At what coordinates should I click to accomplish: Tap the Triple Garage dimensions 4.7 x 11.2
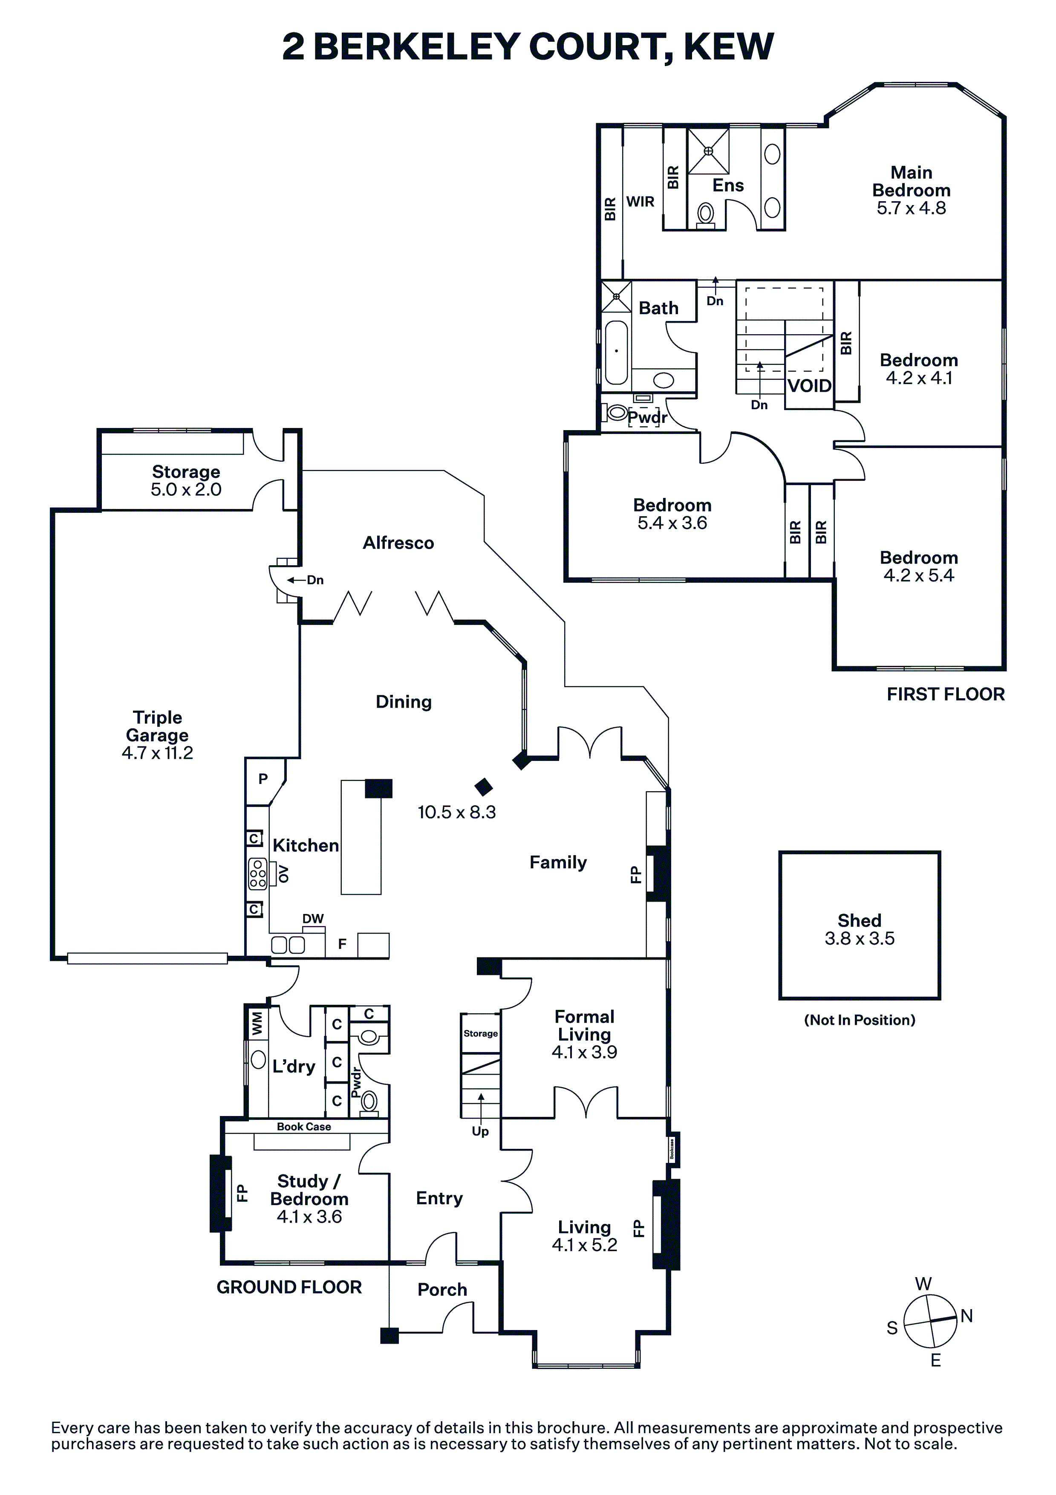tap(158, 753)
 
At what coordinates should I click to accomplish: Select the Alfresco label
tap(398, 543)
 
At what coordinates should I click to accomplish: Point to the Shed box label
tap(860, 921)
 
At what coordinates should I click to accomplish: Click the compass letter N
tap(967, 1316)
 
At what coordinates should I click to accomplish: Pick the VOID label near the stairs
tap(809, 386)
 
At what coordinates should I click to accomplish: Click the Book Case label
tap(304, 1127)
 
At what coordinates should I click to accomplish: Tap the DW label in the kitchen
tap(313, 919)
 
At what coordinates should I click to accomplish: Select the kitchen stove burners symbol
tap(258, 874)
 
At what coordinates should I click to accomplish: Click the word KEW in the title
tap(729, 47)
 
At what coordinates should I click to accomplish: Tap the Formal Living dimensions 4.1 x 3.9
tap(585, 1052)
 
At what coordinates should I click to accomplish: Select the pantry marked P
tap(263, 779)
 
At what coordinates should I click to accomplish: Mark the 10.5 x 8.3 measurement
tap(456, 813)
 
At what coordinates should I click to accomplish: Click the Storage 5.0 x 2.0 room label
tap(186, 480)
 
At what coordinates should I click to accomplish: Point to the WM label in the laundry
tap(257, 1023)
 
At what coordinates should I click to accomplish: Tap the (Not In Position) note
tap(860, 1020)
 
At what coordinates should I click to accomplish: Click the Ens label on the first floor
tap(728, 185)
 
